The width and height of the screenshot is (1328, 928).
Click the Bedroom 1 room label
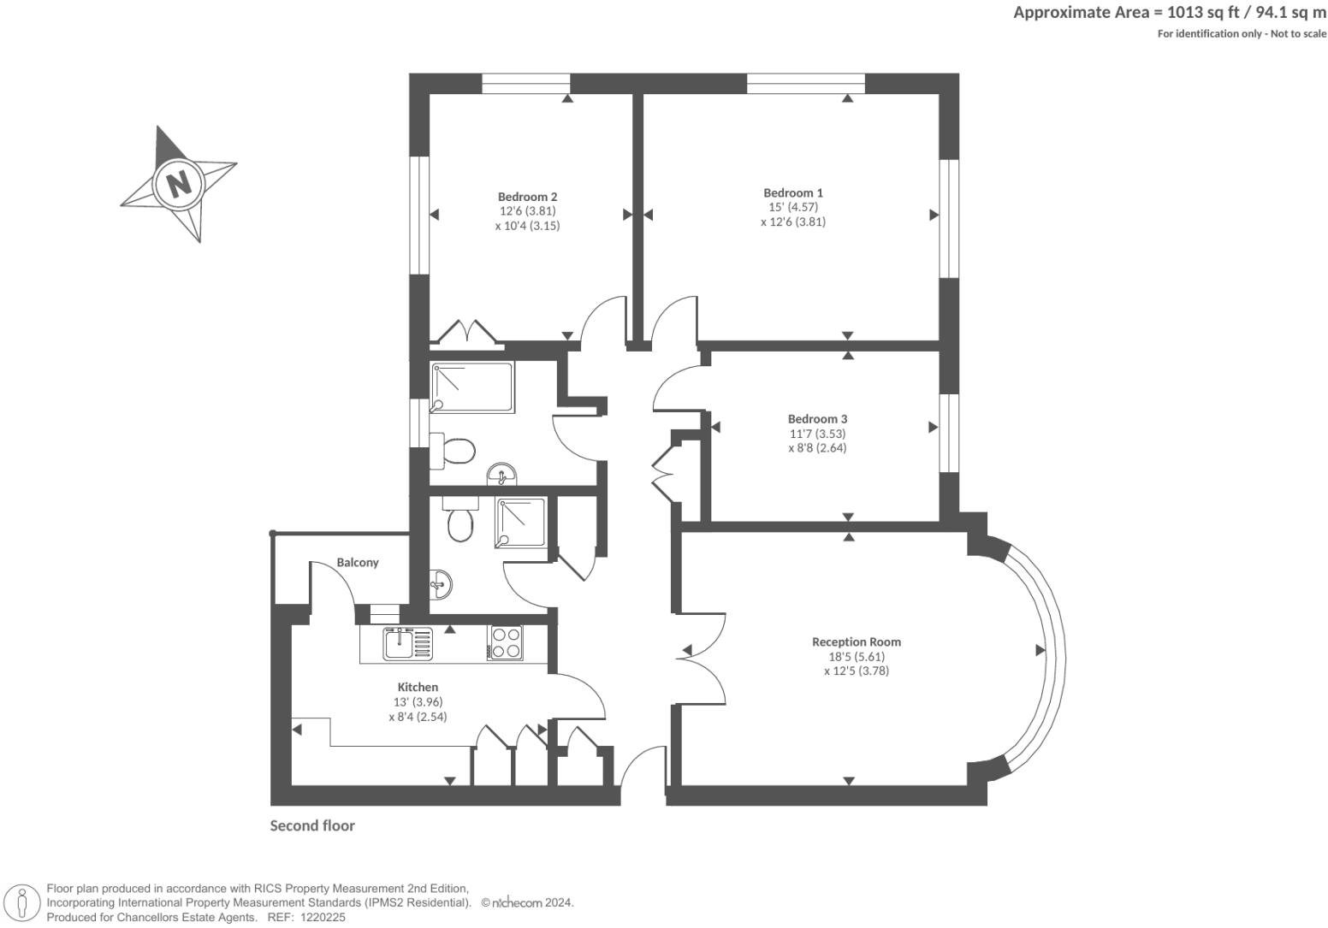click(x=792, y=192)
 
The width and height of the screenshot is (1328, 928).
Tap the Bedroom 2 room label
click(x=527, y=197)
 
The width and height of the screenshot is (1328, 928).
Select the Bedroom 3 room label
click(x=817, y=419)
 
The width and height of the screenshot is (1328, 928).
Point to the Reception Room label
click(x=856, y=641)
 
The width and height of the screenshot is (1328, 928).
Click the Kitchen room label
click(x=418, y=687)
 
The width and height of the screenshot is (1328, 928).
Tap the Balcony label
click(x=357, y=562)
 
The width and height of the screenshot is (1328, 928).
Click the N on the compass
click(x=178, y=183)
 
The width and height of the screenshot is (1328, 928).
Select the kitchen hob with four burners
click(x=505, y=643)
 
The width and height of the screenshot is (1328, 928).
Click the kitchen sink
click(x=400, y=643)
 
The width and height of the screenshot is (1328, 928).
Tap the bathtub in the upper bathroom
click(x=472, y=387)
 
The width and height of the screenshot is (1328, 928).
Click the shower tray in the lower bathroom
click(x=519, y=523)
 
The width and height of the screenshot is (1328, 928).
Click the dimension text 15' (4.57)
click(x=792, y=207)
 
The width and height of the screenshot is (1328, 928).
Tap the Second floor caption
click(x=312, y=825)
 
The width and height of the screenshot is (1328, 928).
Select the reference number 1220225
click(x=320, y=917)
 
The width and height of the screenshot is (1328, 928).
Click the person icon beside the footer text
click(x=23, y=903)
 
